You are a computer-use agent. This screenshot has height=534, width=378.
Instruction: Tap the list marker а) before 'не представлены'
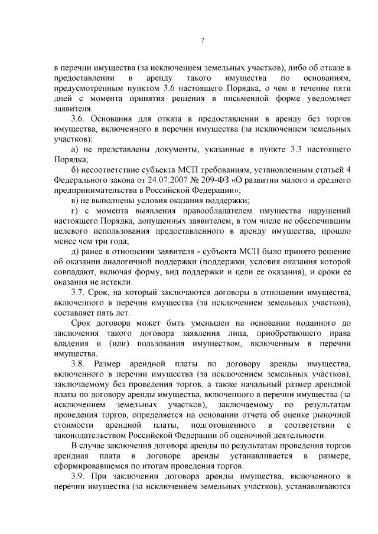(75, 150)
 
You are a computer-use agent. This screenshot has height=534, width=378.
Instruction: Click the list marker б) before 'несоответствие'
(75, 170)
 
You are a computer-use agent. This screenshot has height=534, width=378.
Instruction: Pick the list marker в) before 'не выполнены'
(75, 200)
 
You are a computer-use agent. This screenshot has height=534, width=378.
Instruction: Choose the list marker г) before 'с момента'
(74, 211)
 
